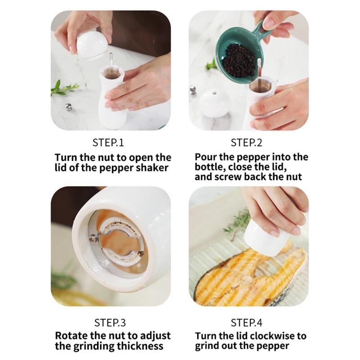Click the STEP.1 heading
pos(108,143)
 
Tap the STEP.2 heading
pos(246,143)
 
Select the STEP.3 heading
pos(110,323)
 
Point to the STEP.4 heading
pos(246,323)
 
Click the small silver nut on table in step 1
pos(68,107)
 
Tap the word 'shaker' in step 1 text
pos(153,168)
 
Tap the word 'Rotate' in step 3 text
pos(72,336)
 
